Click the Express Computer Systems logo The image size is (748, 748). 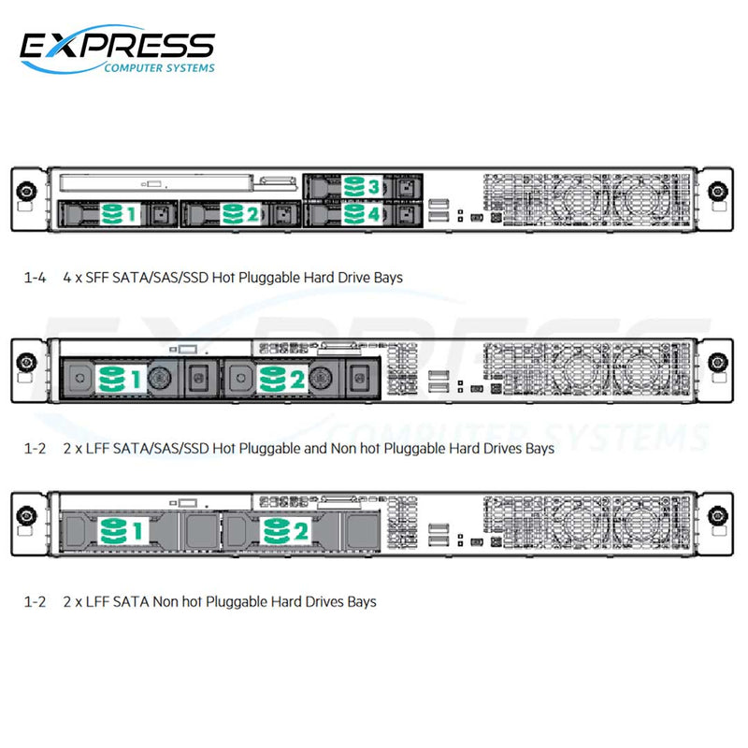[x=118, y=50]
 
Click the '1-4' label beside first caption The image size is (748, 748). [x=34, y=278]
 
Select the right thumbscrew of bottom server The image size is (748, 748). [x=717, y=515]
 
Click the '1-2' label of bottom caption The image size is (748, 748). [x=34, y=601]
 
